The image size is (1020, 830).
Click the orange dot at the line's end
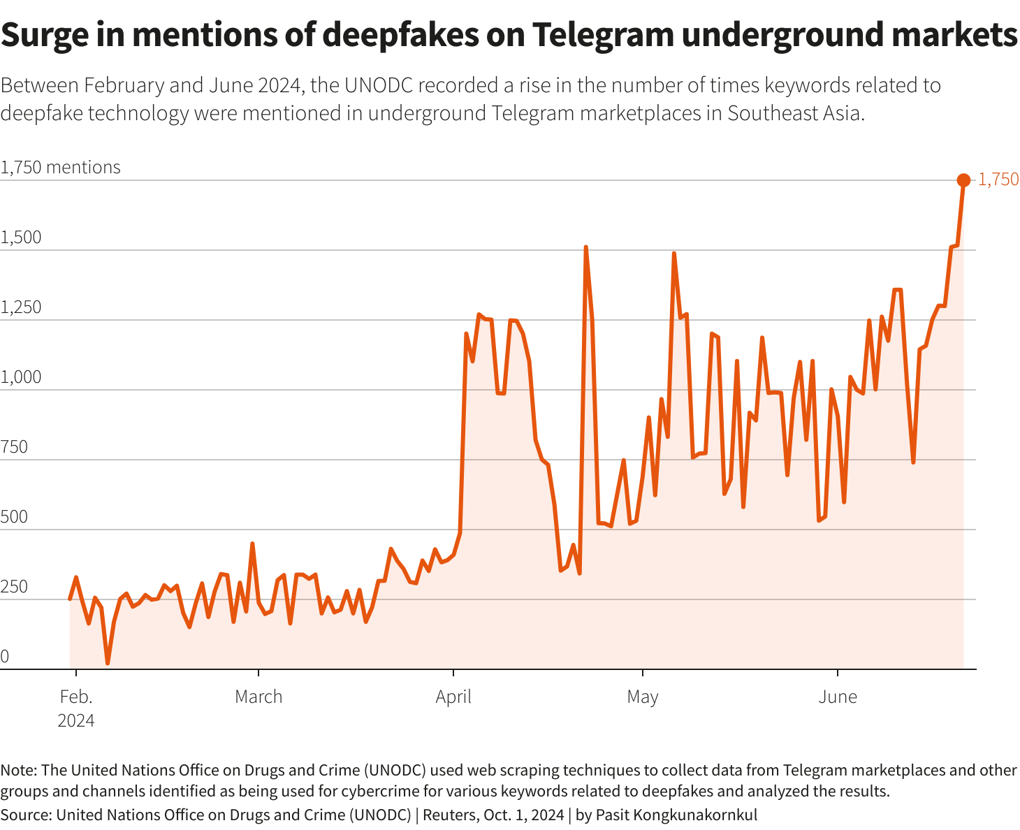(963, 180)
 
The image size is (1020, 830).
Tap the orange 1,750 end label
(998, 180)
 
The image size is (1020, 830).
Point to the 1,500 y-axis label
(21, 238)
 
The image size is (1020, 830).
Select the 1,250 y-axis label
(21, 307)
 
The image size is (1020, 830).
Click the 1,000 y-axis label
(21, 377)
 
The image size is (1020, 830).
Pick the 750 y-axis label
(14, 447)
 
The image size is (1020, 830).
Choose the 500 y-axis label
(14, 517)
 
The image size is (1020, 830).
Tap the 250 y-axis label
(14, 587)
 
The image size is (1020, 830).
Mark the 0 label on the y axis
(5, 657)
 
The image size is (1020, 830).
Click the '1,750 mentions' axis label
(60, 168)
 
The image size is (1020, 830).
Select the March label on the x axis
(258, 697)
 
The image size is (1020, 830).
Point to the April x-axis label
(453, 697)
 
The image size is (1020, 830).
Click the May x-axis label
(642, 697)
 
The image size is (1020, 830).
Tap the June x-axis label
(837, 697)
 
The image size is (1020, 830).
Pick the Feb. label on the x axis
(76, 697)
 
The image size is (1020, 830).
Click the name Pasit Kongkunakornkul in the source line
(676, 815)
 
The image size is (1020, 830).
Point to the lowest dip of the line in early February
(108, 663)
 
